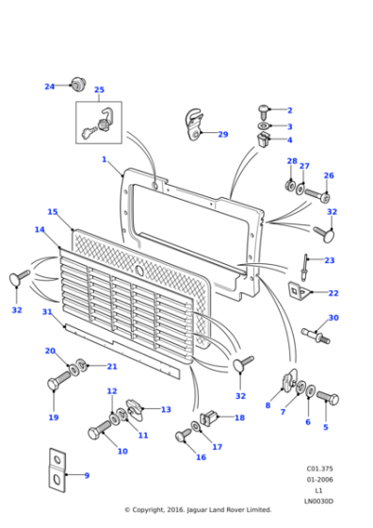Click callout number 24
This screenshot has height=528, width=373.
point(49,87)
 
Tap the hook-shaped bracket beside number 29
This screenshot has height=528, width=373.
point(194,125)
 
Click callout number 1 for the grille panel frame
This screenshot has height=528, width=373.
point(104,160)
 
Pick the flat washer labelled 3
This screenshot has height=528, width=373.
point(264,125)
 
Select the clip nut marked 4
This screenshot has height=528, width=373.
point(264,140)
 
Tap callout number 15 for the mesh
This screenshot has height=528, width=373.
point(53,212)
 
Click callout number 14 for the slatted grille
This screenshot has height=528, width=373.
point(40,229)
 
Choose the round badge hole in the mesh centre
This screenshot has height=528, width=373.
point(139,271)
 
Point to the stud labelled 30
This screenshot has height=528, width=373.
point(315,334)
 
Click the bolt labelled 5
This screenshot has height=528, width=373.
point(326,398)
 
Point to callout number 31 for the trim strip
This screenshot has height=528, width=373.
point(47,312)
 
